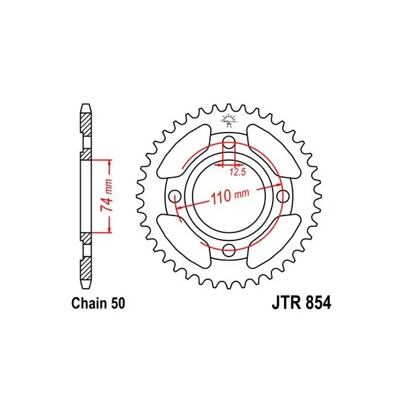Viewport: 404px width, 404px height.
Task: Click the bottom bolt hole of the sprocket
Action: coord(229,250)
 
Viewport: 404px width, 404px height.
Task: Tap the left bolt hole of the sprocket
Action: coord(175,197)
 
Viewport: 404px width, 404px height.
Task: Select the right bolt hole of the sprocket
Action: coord(283,197)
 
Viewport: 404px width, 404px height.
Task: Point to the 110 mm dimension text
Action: coord(230,195)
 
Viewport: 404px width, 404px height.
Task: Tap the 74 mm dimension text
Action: coord(106,195)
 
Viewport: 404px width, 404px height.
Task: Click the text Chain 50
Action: coord(98,303)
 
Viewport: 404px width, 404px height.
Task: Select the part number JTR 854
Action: coord(302,303)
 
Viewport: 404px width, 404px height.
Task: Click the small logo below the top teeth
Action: coord(228,121)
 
